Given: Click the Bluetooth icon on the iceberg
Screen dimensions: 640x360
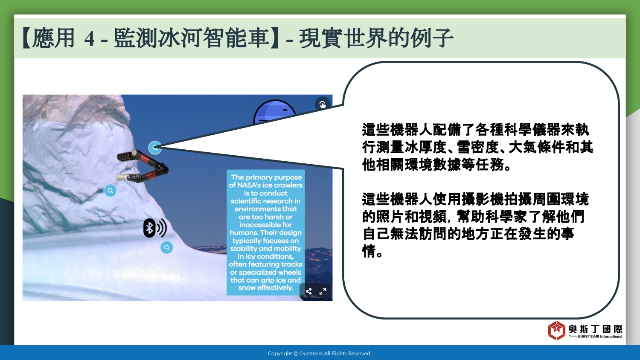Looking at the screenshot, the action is pyautogui.click(x=155, y=228).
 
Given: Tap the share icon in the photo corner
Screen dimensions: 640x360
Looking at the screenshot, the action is pyautogui.click(x=308, y=291).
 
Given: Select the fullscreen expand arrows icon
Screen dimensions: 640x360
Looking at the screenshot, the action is pyautogui.click(x=323, y=291).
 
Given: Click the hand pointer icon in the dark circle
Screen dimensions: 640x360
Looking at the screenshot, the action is pyautogui.click(x=323, y=104).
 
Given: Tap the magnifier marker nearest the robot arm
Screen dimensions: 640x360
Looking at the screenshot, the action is pyautogui.click(x=155, y=148).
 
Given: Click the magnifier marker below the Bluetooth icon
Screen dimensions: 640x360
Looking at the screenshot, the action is pyautogui.click(x=167, y=247).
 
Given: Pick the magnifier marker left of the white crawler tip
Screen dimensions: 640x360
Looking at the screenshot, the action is pyautogui.click(x=110, y=191).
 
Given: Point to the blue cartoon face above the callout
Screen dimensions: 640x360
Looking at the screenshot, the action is pyautogui.click(x=275, y=111).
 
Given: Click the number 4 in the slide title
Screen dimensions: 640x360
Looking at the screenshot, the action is pyautogui.click(x=90, y=38).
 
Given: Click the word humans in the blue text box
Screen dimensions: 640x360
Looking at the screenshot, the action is pyautogui.click(x=244, y=232).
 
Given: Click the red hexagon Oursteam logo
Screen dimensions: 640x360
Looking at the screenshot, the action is pyautogui.click(x=556, y=330).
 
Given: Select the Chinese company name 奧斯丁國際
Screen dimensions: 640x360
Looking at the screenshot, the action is pyautogui.click(x=596, y=329).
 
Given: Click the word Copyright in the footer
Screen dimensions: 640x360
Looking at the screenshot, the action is pyautogui.click(x=280, y=354).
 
